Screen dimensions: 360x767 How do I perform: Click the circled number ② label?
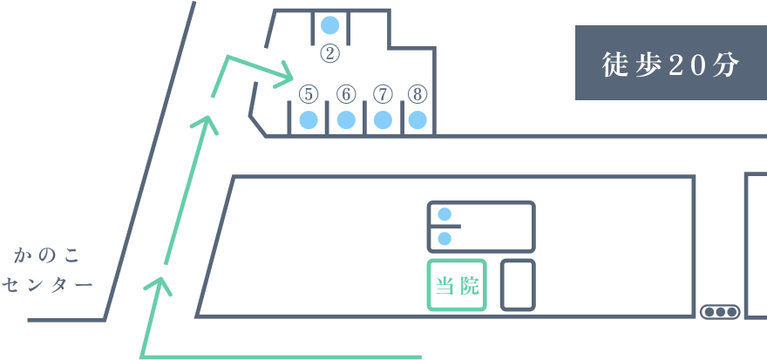(x=329, y=53)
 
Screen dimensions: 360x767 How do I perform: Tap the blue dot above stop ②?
(x=329, y=25)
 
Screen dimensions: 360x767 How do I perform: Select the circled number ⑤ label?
(x=308, y=93)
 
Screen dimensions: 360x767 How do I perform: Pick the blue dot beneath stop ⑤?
(x=308, y=120)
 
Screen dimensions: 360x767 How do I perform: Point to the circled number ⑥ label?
(x=345, y=93)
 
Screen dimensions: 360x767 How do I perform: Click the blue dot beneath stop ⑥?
(x=345, y=120)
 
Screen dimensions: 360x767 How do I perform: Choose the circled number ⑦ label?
(x=382, y=93)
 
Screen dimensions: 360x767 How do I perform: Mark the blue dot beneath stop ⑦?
(x=382, y=120)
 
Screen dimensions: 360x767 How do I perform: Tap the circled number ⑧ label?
(x=418, y=93)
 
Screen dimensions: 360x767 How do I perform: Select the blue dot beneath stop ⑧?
(x=418, y=120)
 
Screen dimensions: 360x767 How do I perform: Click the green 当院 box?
(x=457, y=285)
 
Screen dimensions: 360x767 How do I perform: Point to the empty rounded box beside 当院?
(x=518, y=284)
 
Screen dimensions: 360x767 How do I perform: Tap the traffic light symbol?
(x=720, y=311)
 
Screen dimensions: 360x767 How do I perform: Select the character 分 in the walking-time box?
(x=725, y=64)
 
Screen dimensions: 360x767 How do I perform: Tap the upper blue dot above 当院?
(x=445, y=214)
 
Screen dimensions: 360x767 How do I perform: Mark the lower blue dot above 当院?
(x=445, y=238)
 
